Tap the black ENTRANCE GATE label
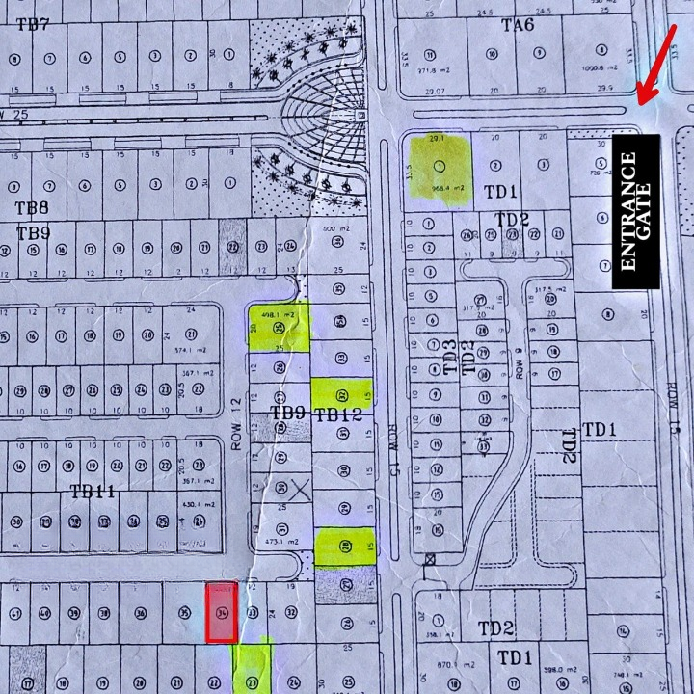coord(635,211)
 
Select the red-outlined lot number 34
coord(222,612)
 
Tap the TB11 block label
coord(93,492)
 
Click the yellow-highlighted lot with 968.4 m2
coord(440,171)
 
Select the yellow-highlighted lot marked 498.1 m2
coord(279,327)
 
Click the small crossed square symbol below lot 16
coord(429,558)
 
